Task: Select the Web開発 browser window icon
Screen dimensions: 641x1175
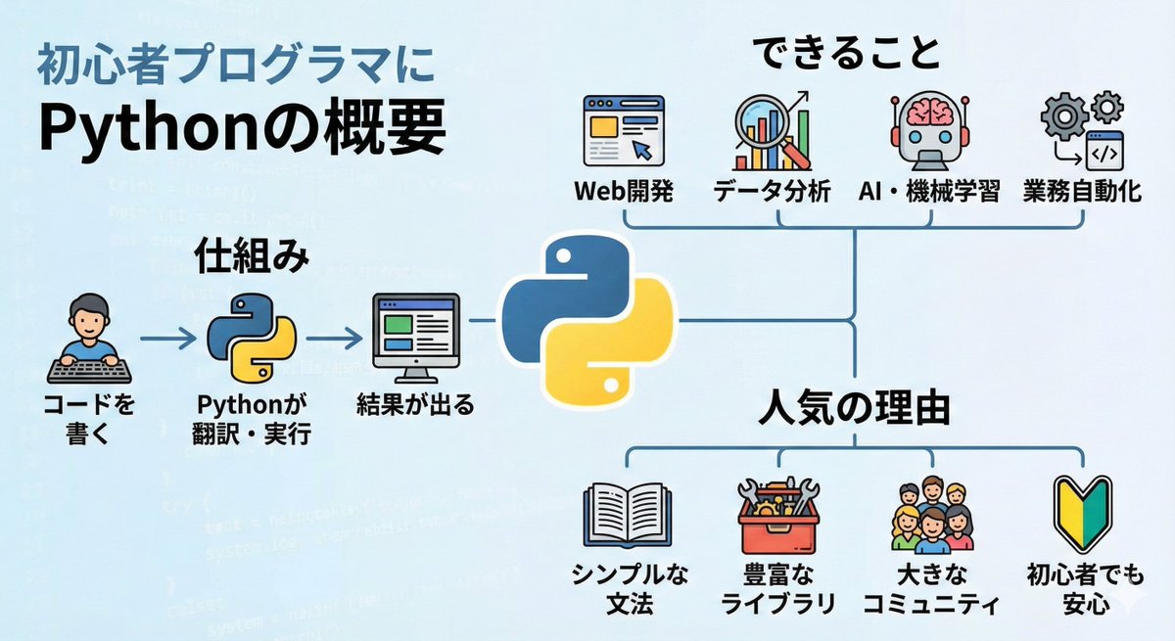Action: tap(623, 131)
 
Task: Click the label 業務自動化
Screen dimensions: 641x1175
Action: tap(1081, 190)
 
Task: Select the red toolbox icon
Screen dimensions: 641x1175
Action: tap(777, 514)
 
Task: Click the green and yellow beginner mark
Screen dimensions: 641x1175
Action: tap(1083, 514)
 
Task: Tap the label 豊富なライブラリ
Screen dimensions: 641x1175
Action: tap(777, 587)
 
